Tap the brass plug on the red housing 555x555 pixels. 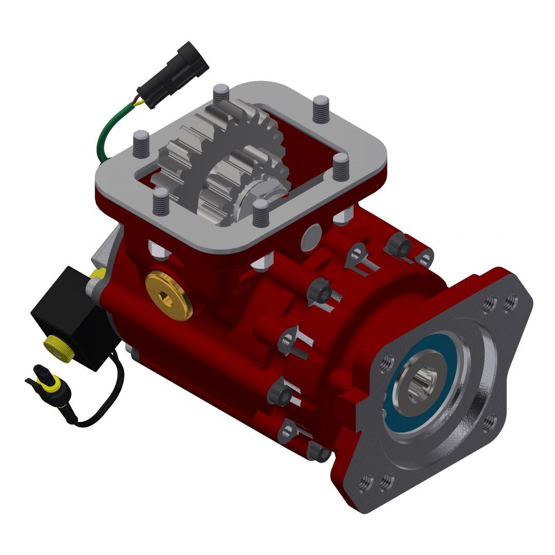169,294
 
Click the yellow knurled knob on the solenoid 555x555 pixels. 54,345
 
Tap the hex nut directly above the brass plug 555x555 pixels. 157,251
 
